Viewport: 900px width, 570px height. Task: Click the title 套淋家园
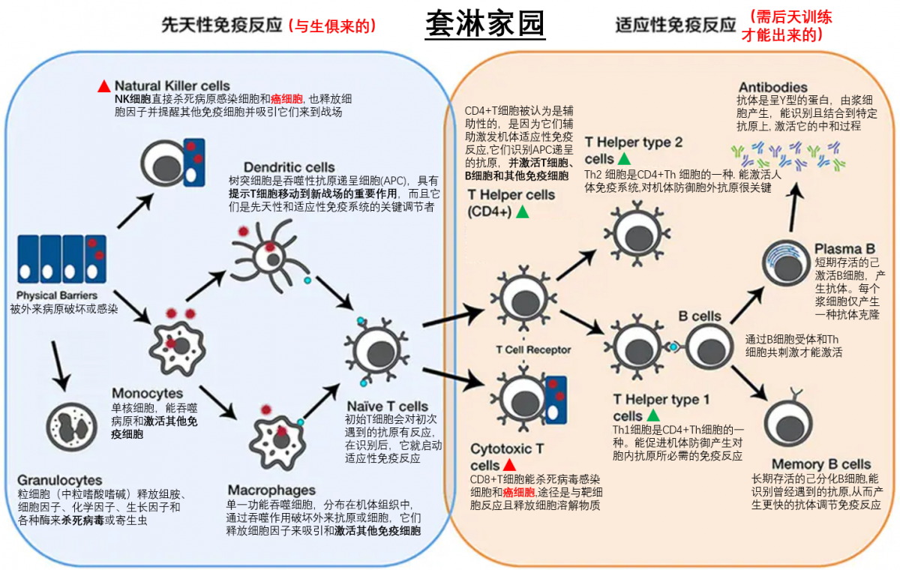tap(485, 24)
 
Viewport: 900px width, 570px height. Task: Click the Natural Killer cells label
tap(172, 85)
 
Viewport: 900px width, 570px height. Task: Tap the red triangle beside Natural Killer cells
tap(104, 85)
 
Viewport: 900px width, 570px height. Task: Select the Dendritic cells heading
tap(289, 166)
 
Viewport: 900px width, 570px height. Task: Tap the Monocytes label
tap(147, 393)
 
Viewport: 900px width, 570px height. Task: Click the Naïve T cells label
tap(386, 406)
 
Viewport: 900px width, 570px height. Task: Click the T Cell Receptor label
tap(533, 349)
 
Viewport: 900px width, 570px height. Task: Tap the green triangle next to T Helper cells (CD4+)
tap(522, 211)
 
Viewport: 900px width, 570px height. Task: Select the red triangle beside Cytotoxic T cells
tap(508, 465)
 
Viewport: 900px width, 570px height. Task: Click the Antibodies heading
tap(772, 88)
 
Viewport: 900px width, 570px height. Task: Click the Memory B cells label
tap(820, 464)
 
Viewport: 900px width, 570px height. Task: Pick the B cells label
tap(700, 316)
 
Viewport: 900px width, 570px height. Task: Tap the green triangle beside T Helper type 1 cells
tap(652, 415)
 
